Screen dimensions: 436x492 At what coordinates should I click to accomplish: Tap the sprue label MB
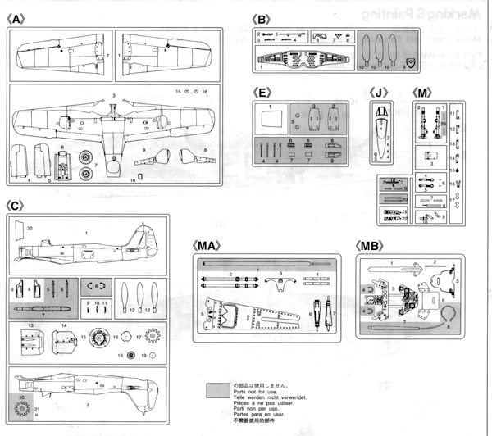(x=371, y=246)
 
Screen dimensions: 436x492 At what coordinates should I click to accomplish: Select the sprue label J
(x=379, y=93)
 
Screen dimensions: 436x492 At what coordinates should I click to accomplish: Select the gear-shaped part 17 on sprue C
(x=150, y=336)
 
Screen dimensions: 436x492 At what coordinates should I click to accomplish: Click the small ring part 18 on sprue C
(x=130, y=355)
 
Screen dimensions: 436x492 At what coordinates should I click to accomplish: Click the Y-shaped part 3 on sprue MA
(x=281, y=283)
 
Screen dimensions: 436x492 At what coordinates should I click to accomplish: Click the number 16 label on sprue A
(x=204, y=92)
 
